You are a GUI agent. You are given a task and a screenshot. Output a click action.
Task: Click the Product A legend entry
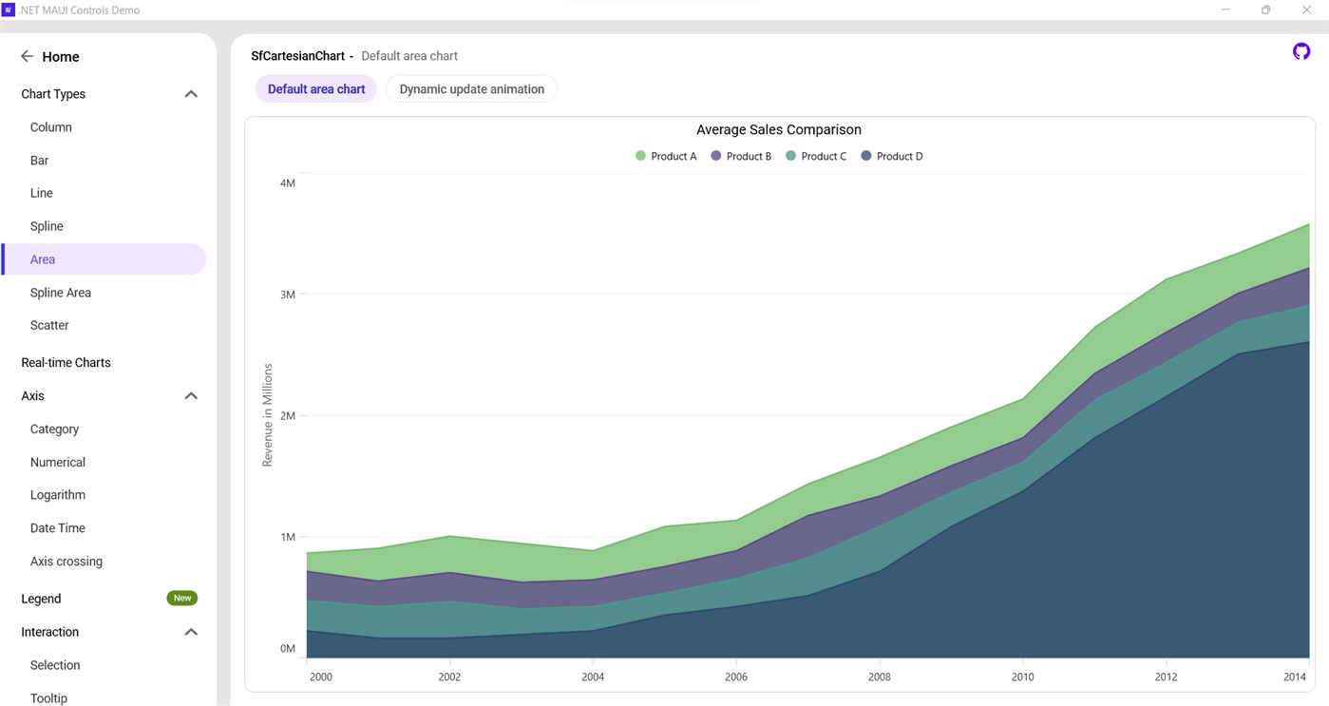[x=666, y=156]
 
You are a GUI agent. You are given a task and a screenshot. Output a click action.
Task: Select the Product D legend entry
[x=892, y=156]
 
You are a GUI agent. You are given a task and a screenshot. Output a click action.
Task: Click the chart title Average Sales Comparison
[x=778, y=130]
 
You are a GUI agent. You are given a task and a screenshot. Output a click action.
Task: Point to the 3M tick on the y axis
[x=287, y=295]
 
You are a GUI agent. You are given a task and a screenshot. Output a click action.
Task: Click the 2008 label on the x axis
[x=880, y=677]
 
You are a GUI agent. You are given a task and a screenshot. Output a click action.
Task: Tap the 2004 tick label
[x=593, y=677]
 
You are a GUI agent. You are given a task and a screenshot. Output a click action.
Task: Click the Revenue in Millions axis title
[x=268, y=415]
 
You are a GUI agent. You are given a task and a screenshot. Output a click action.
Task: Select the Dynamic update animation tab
[x=471, y=89]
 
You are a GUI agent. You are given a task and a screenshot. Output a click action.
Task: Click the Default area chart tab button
[x=316, y=89]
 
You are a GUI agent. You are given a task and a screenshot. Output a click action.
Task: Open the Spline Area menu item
[x=61, y=293]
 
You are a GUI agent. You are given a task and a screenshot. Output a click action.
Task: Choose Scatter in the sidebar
[x=49, y=325]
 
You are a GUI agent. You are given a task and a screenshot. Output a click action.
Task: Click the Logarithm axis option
[x=58, y=495]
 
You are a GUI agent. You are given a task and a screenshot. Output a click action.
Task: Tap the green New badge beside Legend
[x=182, y=598]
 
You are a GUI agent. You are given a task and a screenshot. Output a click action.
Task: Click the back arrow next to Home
[x=27, y=57]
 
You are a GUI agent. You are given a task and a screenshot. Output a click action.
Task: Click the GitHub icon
[x=1301, y=51]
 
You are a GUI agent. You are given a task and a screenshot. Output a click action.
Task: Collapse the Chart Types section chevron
[x=191, y=94]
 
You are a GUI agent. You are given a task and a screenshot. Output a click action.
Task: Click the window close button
[x=1306, y=10]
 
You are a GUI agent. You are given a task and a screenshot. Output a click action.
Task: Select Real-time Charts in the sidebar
[x=66, y=362]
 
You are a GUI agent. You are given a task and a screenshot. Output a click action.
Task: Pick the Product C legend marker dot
[x=791, y=156]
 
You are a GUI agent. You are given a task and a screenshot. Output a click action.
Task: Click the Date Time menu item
[x=58, y=528]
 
